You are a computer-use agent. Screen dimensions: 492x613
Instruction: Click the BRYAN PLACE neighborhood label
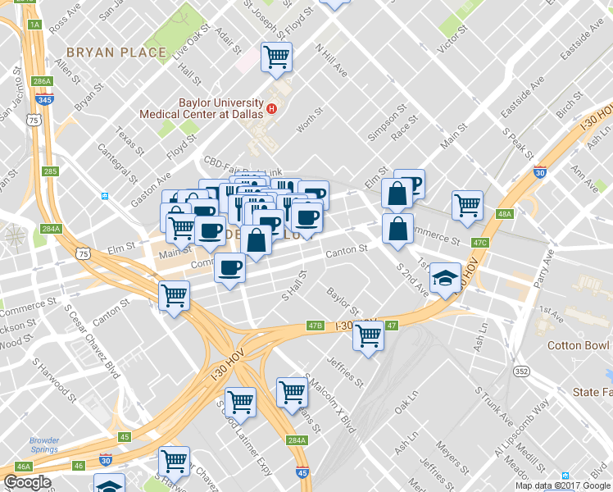pyautogui.click(x=116, y=52)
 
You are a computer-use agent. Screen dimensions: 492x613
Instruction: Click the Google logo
pyautogui.click(x=28, y=482)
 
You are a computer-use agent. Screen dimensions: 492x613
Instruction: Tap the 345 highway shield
pyautogui.click(x=46, y=100)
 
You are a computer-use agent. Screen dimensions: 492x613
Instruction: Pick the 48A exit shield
pyautogui.click(x=505, y=214)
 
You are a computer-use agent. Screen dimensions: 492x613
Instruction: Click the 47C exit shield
pyautogui.click(x=480, y=242)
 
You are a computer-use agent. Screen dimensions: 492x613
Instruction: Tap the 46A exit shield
pyautogui.click(x=23, y=467)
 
